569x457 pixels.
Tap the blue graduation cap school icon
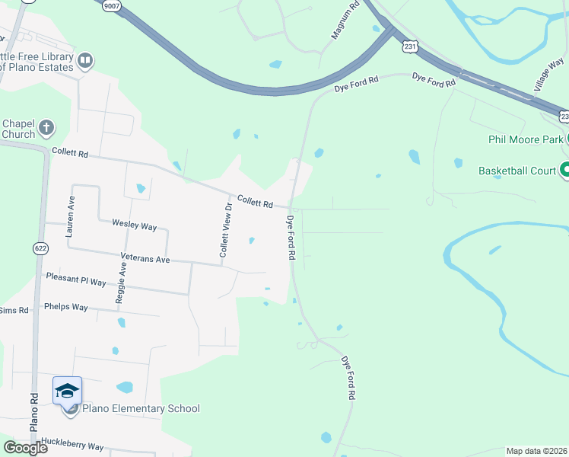tap(67, 391)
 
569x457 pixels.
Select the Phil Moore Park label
tap(526, 139)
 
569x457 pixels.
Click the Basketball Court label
tap(517, 171)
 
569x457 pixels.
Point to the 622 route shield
tap(40, 248)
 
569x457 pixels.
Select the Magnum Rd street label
tap(344, 21)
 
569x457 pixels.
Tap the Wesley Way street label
tap(134, 225)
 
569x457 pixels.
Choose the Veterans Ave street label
tap(145, 259)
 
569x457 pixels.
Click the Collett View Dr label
tap(225, 230)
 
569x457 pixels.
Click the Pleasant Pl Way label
tap(76, 280)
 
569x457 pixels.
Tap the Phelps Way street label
tap(66, 308)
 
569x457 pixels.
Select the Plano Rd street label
tap(34, 412)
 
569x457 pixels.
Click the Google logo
tap(25, 448)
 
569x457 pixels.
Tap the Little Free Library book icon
tap(85, 60)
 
